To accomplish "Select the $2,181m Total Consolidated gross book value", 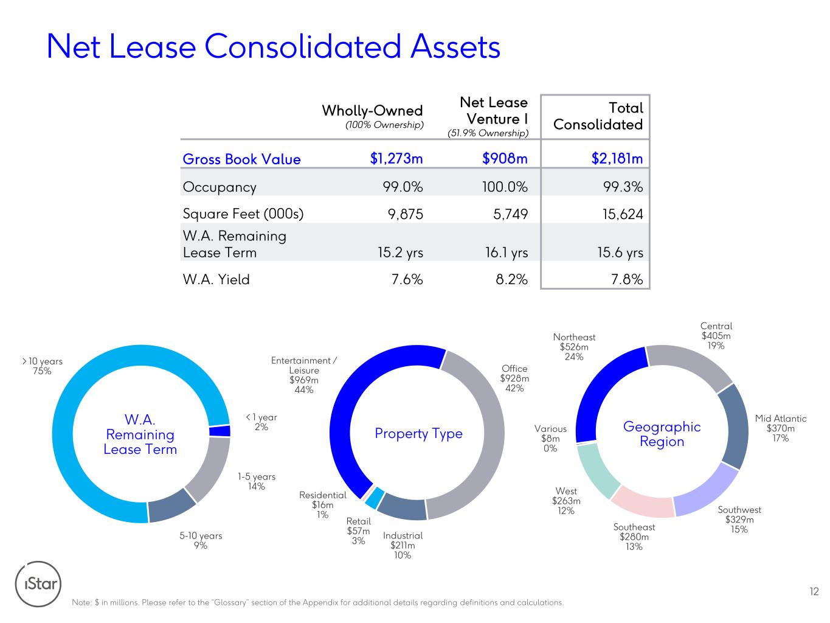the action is coord(617,159).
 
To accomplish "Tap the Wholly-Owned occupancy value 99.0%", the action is coord(403,187).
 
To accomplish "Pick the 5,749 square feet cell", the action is coord(511,214).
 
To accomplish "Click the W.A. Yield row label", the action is coord(216,279).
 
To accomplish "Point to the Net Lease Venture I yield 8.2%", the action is coord(511,279).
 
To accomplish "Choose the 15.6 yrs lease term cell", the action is coord(620,252).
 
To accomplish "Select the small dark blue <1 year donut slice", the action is coord(220,431).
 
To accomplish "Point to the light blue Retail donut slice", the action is coord(375,498).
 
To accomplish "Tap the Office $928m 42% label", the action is coord(514,378).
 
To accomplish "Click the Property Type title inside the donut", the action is coord(418,434).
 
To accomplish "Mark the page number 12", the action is coord(814,591).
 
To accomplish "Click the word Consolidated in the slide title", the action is coord(302,47).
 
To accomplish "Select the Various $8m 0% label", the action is coord(550,439).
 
